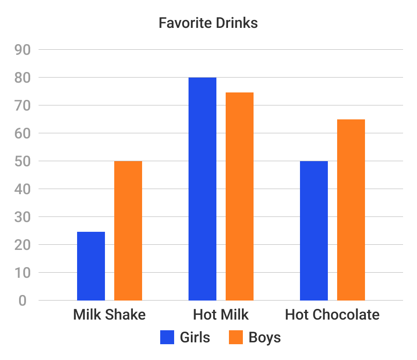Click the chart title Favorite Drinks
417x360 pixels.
pos(208,23)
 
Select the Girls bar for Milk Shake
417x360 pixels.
pos(91,266)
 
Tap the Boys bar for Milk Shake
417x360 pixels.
pos(128,230)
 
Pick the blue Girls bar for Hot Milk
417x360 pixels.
pos(202,189)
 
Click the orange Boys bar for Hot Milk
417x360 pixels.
pos(240,196)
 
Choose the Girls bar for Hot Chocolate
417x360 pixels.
pos(314,230)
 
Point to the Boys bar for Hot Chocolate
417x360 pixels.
pos(351,209)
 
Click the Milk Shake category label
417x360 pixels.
pos(110,315)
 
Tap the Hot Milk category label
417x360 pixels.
pos(221,315)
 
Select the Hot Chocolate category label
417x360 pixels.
pos(332,315)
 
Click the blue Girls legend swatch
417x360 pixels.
pos(167,337)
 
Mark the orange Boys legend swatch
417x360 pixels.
pos(236,337)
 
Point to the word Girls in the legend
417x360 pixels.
pos(195,337)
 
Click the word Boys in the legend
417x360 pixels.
pos(265,337)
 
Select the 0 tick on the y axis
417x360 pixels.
pos(23,301)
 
